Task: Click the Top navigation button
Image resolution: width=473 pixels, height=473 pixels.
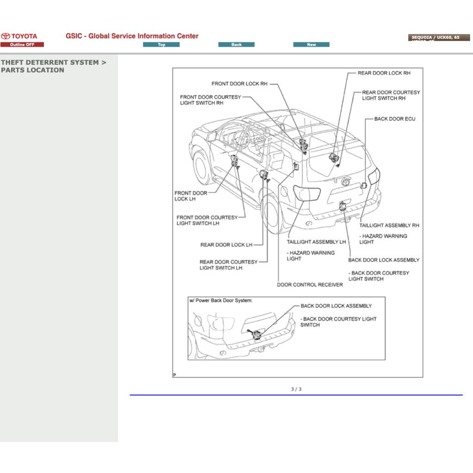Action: click(161, 45)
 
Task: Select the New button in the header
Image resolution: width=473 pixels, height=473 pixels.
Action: click(311, 45)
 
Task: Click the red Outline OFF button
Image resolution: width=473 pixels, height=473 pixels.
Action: click(22, 45)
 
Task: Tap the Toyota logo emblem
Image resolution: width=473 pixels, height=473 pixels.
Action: click(6, 36)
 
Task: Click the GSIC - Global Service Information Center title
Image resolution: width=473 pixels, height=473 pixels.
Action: click(132, 36)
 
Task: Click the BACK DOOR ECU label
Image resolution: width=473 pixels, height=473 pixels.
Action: click(394, 119)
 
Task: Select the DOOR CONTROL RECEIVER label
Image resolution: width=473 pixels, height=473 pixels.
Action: click(309, 285)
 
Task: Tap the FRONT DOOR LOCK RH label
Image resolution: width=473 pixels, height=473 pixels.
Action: click(239, 84)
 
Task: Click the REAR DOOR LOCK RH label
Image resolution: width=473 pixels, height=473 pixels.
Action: click(384, 73)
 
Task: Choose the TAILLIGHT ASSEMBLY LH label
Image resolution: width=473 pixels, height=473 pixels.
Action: click(316, 242)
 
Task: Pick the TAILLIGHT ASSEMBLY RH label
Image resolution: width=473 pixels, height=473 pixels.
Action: click(389, 225)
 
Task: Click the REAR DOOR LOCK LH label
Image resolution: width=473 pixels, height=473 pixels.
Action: click(226, 245)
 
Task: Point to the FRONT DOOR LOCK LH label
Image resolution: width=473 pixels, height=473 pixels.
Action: click(190, 196)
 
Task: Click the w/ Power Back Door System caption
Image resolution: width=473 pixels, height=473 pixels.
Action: click(220, 301)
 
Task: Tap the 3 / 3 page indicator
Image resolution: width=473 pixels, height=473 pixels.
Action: click(296, 389)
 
